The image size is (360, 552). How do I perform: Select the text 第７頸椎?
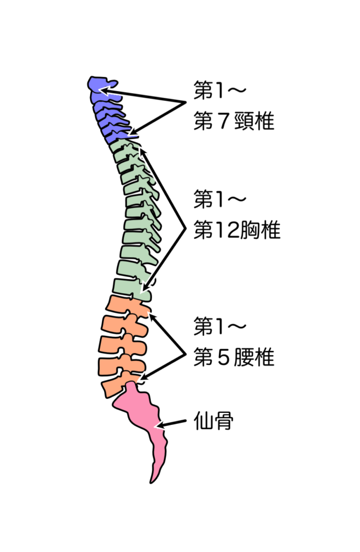point(234,122)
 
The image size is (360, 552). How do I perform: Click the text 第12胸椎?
point(237,231)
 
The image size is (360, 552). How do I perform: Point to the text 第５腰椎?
point(234,357)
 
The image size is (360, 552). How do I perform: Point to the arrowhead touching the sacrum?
point(158,426)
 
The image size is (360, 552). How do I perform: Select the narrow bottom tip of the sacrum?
point(156,476)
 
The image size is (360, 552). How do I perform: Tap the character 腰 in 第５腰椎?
point(243,357)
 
